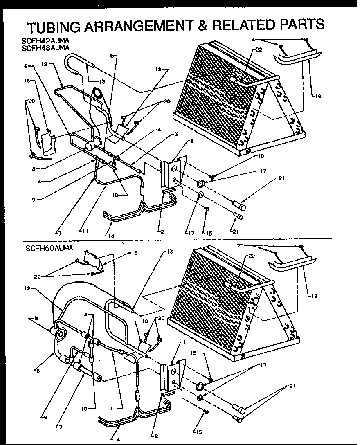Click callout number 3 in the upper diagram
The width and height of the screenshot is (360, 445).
(175, 134)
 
